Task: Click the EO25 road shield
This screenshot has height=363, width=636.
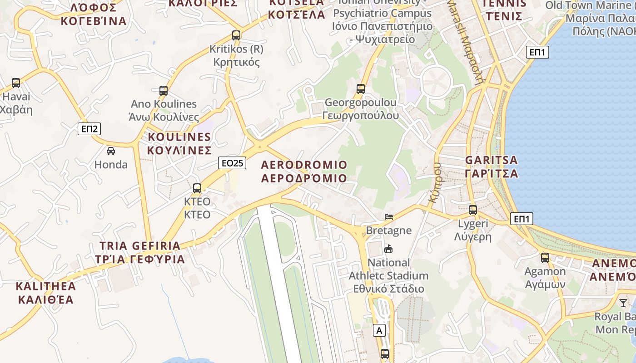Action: [x=232, y=163]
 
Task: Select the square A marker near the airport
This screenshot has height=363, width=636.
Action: [x=379, y=331]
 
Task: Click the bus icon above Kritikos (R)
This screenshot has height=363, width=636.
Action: [x=236, y=35]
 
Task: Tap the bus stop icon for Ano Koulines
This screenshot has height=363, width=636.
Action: [x=164, y=90]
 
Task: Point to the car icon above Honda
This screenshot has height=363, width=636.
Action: [x=111, y=151]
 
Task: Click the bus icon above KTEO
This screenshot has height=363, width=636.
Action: [x=197, y=188]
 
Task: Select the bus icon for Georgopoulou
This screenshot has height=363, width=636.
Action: [x=361, y=88]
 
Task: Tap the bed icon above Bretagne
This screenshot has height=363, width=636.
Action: [x=389, y=216]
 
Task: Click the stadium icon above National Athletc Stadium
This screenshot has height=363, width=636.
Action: [x=388, y=249]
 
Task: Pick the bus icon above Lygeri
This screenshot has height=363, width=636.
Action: [x=473, y=210]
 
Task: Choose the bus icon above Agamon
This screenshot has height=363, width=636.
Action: [x=545, y=258]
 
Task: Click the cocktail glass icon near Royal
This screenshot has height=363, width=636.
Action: [x=623, y=303]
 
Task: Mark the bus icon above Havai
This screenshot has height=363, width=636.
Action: [x=16, y=83]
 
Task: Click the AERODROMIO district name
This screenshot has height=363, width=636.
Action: [x=304, y=165]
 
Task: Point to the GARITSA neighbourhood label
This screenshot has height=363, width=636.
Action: [x=492, y=160]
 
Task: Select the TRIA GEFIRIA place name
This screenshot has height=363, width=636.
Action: [x=140, y=246]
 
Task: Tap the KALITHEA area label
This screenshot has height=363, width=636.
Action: [x=45, y=286]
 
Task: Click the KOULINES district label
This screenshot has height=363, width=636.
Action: [x=179, y=137]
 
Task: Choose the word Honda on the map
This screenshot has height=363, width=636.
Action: [x=111, y=165]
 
